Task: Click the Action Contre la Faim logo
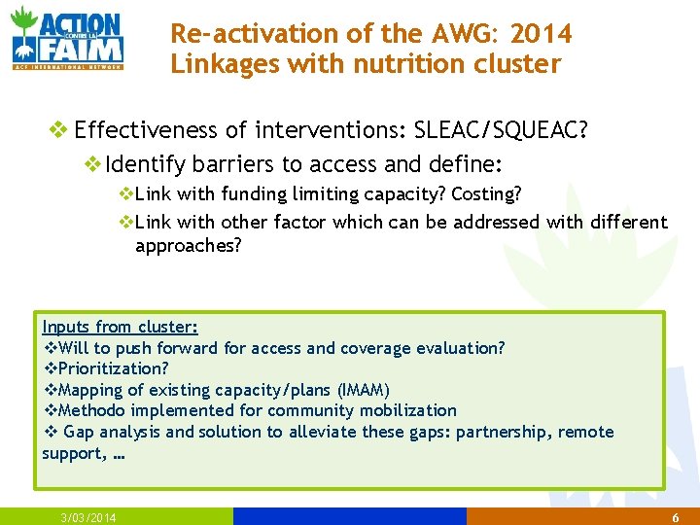(67, 39)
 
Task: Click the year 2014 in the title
(542, 33)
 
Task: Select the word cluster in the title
(521, 64)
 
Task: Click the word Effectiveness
(142, 129)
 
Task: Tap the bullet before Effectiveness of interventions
(60, 129)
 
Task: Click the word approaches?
(188, 245)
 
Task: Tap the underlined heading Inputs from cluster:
(120, 327)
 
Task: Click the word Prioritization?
(113, 368)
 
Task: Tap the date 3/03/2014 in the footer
(87, 517)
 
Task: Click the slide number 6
(675, 517)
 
